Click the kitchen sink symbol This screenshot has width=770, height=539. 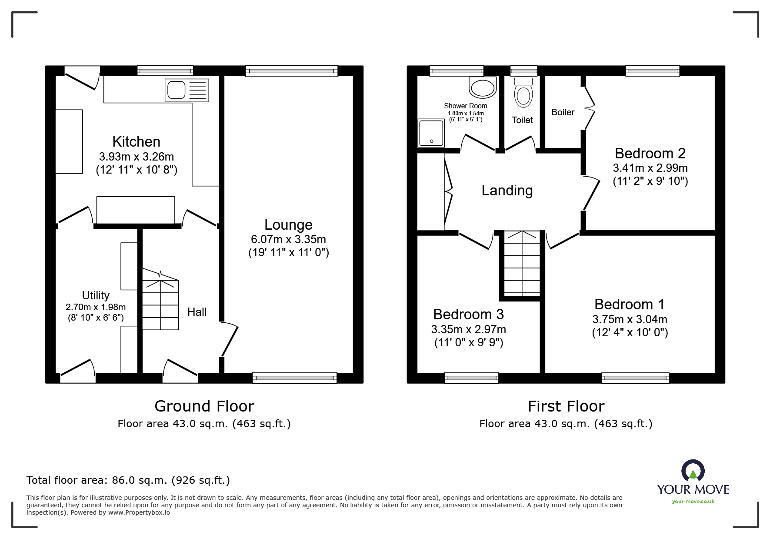(187, 90)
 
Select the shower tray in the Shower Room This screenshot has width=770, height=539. (431, 133)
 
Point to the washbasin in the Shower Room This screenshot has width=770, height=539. (483, 87)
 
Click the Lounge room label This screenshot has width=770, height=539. (289, 224)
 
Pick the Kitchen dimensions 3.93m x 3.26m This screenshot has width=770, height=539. (137, 156)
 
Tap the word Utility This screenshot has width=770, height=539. (96, 295)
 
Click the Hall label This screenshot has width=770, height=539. (197, 311)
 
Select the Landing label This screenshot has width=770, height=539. (507, 191)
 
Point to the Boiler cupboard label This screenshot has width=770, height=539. (563, 112)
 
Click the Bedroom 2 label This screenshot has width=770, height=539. (650, 153)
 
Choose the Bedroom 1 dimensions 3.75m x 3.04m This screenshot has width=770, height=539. (630, 319)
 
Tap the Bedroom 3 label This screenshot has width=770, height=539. (469, 314)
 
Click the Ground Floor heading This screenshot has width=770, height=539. (204, 406)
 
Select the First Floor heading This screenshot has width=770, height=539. (566, 406)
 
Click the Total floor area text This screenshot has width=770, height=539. (128, 480)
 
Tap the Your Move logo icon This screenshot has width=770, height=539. (693, 471)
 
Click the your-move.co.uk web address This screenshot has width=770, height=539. (693, 502)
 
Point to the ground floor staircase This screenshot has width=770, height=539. (160, 300)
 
